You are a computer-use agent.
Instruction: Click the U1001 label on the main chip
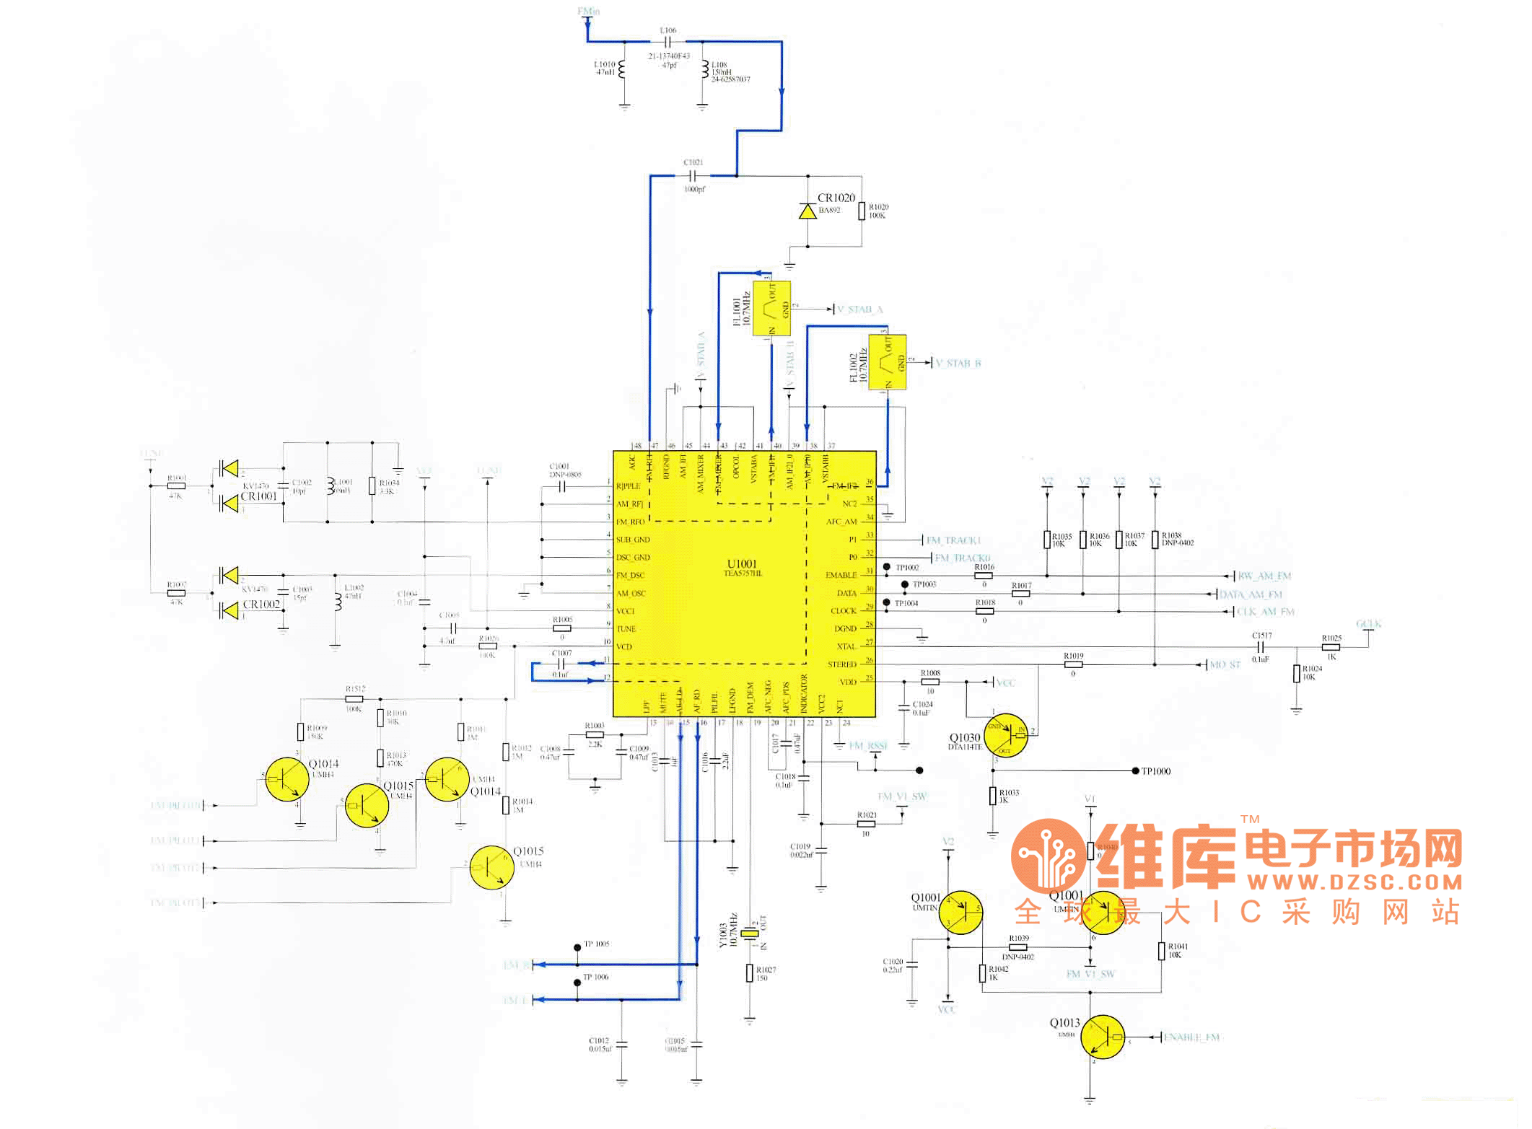tap(742, 564)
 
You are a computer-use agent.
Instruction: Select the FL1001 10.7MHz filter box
tap(771, 309)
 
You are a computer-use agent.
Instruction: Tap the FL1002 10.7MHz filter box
tap(888, 362)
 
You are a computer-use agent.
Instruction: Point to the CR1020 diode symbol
tap(807, 211)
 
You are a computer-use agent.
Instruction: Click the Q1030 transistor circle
tap(1005, 735)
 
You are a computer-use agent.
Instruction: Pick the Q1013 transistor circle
tap(1103, 1037)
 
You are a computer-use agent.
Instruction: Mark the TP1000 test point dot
tap(1135, 771)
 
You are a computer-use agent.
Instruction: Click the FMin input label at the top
tap(588, 12)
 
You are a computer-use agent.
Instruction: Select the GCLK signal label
tap(1368, 624)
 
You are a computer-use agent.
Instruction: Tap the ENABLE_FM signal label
tap(1191, 1037)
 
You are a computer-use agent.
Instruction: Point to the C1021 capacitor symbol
tap(693, 175)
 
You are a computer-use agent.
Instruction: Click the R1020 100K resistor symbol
tap(862, 211)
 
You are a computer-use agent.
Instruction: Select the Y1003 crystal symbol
tap(750, 933)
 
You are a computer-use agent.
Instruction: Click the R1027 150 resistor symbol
tap(750, 973)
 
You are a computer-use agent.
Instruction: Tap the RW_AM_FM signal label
tap(1264, 576)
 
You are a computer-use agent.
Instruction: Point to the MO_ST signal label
tap(1225, 664)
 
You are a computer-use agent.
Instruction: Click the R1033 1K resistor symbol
tap(993, 796)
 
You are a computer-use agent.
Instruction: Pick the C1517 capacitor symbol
tap(1261, 647)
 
